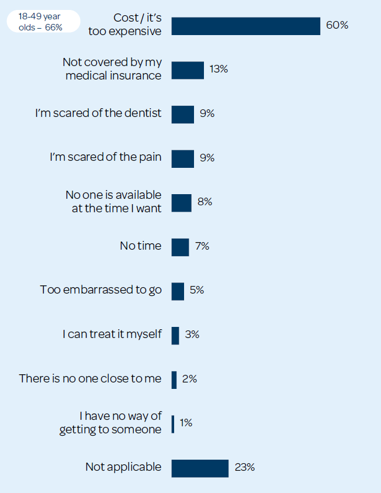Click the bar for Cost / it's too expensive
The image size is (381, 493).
[x=245, y=26]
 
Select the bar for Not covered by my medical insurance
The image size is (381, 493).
[x=188, y=70]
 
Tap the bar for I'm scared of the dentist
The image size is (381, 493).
[x=182, y=114]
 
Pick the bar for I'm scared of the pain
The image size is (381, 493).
[x=182, y=158]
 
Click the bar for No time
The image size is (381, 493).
[x=180, y=247]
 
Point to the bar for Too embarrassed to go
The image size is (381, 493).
[x=178, y=291]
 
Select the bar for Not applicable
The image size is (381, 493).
[x=200, y=468]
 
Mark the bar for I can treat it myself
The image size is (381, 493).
[x=175, y=335]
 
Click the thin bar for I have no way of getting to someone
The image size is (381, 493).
[x=173, y=423]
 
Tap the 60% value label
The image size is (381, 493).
[x=337, y=25]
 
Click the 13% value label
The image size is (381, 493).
[x=219, y=70]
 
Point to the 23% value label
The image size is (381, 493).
[x=245, y=467]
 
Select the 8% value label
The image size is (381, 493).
[x=205, y=202]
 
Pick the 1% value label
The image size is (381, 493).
[x=186, y=423]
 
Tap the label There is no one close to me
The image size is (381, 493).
[x=90, y=378]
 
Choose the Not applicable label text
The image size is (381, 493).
[x=123, y=467]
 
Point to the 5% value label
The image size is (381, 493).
[x=197, y=290]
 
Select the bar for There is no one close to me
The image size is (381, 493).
[x=174, y=380]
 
